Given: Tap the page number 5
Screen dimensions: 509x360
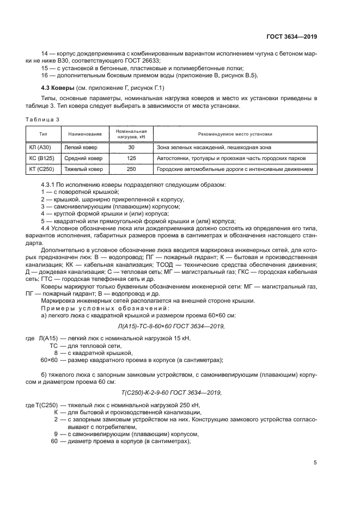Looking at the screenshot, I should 315,463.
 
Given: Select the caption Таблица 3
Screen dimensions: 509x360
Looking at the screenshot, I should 42,119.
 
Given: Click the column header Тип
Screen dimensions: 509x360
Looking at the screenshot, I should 42,134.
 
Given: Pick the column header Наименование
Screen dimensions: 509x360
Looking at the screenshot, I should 85,134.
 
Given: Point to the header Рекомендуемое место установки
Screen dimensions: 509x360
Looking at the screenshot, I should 235,134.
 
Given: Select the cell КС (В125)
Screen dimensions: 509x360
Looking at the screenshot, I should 41,158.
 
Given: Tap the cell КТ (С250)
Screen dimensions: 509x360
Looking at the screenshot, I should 41,169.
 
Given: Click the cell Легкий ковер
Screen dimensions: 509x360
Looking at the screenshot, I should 80,147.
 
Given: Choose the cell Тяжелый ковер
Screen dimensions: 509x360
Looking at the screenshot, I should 83,169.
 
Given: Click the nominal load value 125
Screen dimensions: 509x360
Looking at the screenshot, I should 131,158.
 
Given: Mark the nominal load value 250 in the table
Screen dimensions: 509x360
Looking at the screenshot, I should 131,169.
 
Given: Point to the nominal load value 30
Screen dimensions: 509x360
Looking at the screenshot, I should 131,147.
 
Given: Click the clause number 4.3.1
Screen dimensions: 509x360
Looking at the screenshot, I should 51,186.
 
